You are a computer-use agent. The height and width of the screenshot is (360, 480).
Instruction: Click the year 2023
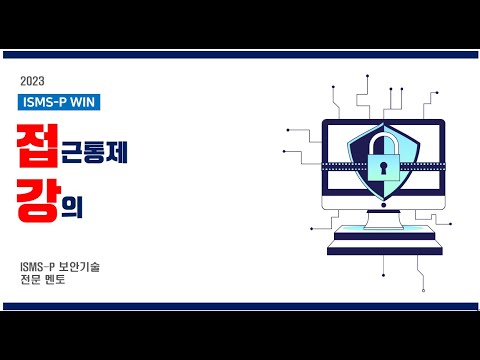[32, 80]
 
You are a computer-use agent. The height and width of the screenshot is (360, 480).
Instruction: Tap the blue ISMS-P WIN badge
[59, 101]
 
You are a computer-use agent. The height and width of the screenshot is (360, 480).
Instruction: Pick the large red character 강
[36, 191]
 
